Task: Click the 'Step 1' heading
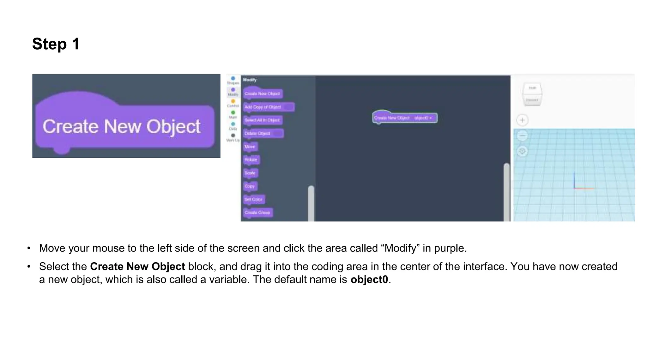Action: (56, 44)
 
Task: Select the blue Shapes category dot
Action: (233, 78)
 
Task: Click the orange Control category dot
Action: (233, 101)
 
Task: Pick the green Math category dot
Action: (233, 112)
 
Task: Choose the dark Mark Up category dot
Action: (233, 135)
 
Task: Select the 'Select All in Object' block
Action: (263, 120)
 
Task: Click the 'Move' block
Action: (250, 147)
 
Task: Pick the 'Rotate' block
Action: (251, 160)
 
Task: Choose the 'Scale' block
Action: (250, 173)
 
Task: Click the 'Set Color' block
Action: (254, 199)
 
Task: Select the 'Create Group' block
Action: (257, 212)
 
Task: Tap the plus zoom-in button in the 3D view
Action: (522, 120)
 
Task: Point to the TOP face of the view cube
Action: (532, 88)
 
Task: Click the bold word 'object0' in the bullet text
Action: (369, 280)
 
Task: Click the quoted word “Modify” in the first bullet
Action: (401, 248)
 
